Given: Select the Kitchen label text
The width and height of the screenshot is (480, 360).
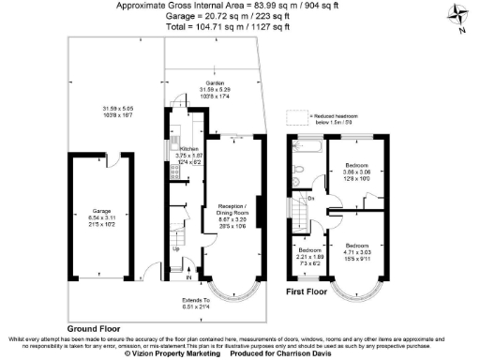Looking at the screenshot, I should [189, 149].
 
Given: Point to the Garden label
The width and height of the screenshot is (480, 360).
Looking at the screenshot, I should [215, 84].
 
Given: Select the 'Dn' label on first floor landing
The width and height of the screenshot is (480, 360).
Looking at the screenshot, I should [311, 198].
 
